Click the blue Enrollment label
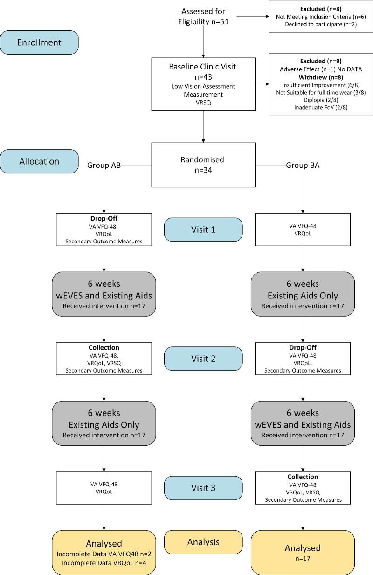pos(39,42)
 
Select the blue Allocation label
pos(39,161)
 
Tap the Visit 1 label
pos(203,229)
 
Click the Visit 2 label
pos(203,359)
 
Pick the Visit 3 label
pos(203,488)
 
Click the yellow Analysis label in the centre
pos(203,542)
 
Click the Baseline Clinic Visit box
pos(203,84)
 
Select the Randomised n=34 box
pos(203,165)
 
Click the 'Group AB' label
pos(104,165)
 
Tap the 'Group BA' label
pos(303,165)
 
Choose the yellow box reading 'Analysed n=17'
pos(303,553)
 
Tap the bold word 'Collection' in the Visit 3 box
pos(303,477)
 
